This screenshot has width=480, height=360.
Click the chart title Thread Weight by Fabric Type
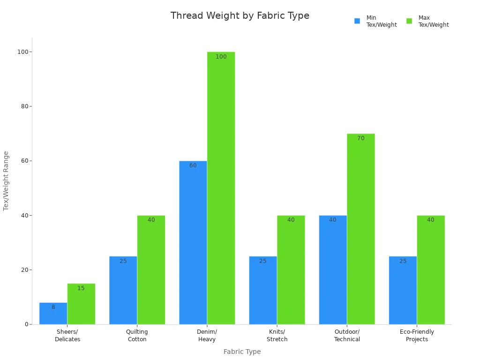point(240,16)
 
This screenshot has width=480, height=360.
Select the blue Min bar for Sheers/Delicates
point(53,314)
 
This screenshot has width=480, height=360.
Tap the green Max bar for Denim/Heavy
point(221,187)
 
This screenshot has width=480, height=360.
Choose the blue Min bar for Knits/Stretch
point(263,290)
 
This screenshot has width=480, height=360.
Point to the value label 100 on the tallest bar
point(221,57)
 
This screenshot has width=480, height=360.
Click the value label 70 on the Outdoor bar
point(360,139)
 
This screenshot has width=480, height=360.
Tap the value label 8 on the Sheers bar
point(53,307)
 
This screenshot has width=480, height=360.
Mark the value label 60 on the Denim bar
point(193,166)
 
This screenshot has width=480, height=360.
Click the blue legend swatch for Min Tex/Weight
point(357,21)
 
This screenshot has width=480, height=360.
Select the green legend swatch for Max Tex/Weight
point(409,21)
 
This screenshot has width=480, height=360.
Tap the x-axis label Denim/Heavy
point(207,336)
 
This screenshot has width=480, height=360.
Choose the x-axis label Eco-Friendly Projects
point(417,336)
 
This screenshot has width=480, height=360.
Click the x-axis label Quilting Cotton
point(137,336)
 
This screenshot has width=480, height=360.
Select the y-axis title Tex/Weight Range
point(7,180)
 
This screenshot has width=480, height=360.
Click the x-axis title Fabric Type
point(242,352)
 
